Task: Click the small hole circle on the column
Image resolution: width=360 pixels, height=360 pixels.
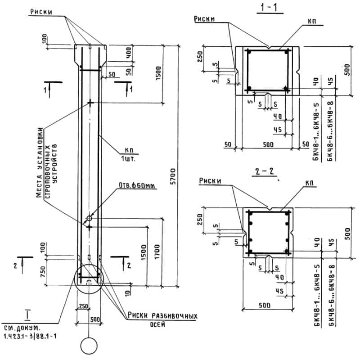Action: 90,218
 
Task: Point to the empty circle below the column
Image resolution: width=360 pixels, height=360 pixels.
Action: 89,346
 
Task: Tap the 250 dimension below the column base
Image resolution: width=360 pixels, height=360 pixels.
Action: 83,306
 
